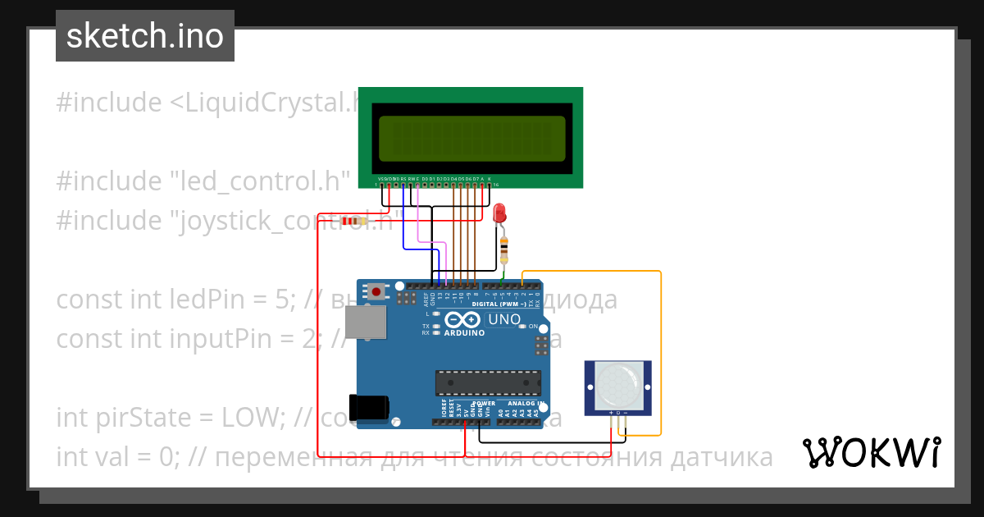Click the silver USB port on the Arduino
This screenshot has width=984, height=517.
click(x=366, y=322)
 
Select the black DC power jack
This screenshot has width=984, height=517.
click(x=368, y=408)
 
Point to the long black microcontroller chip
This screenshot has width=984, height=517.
click(x=488, y=382)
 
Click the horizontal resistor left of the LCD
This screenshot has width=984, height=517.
click(x=353, y=221)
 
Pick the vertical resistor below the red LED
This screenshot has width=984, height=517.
click(x=503, y=245)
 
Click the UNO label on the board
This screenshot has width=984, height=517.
click(x=504, y=319)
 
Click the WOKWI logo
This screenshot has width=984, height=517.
click(x=871, y=453)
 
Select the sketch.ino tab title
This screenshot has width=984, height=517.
click(x=145, y=36)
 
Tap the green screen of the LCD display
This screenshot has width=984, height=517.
click(x=471, y=137)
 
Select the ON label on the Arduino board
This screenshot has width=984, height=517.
click(x=533, y=327)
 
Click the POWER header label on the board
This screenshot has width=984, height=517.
click(x=484, y=404)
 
